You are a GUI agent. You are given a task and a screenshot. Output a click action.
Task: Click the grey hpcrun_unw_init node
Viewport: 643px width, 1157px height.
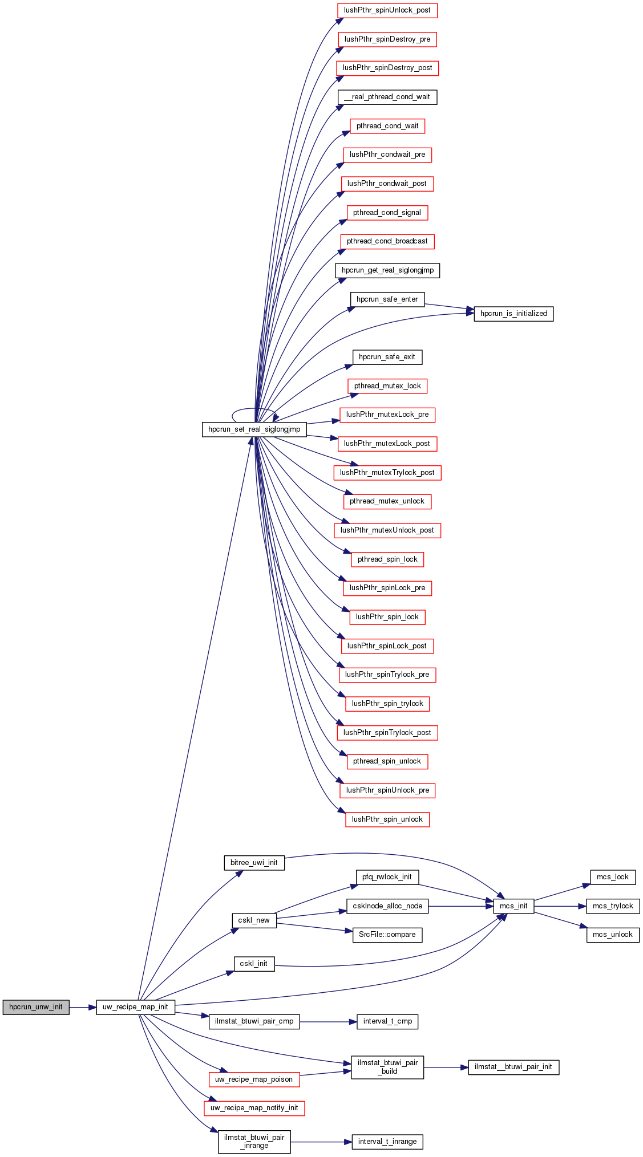pos(36,1007)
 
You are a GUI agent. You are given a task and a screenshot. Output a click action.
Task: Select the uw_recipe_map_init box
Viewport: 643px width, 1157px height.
pos(135,1007)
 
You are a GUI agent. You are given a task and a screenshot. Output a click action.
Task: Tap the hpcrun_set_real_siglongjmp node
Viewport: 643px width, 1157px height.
pos(254,429)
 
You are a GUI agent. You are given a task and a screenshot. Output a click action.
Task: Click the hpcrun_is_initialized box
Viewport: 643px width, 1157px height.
pos(513,314)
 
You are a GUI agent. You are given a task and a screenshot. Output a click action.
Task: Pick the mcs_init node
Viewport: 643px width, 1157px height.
pos(513,906)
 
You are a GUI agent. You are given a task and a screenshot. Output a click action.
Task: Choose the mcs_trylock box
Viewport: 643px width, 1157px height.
pos(613,906)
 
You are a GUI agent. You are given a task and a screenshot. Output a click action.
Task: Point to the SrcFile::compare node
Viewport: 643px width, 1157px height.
pos(387,935)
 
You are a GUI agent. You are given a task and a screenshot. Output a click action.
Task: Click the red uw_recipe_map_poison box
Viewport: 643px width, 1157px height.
pos(254,1079)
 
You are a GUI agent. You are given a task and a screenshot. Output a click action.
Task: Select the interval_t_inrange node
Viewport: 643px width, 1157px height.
pos(387,1142)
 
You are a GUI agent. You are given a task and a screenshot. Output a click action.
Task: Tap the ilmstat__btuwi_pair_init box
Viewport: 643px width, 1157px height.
pos(513,1067)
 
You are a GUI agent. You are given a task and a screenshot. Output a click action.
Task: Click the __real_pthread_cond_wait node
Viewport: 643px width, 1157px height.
pos(387,97)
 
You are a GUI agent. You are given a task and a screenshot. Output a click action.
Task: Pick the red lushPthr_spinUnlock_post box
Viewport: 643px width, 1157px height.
pos(387,10)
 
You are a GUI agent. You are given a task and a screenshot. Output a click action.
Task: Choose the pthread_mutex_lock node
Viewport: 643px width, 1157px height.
pos(387,386)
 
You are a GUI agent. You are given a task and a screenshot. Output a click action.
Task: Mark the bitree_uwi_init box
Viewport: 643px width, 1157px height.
pos(254,863)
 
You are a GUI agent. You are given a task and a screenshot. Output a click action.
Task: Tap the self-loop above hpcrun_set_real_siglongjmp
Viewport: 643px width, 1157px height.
pos(254,409)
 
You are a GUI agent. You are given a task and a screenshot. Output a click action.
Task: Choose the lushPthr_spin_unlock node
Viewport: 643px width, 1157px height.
pos(387,819)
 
